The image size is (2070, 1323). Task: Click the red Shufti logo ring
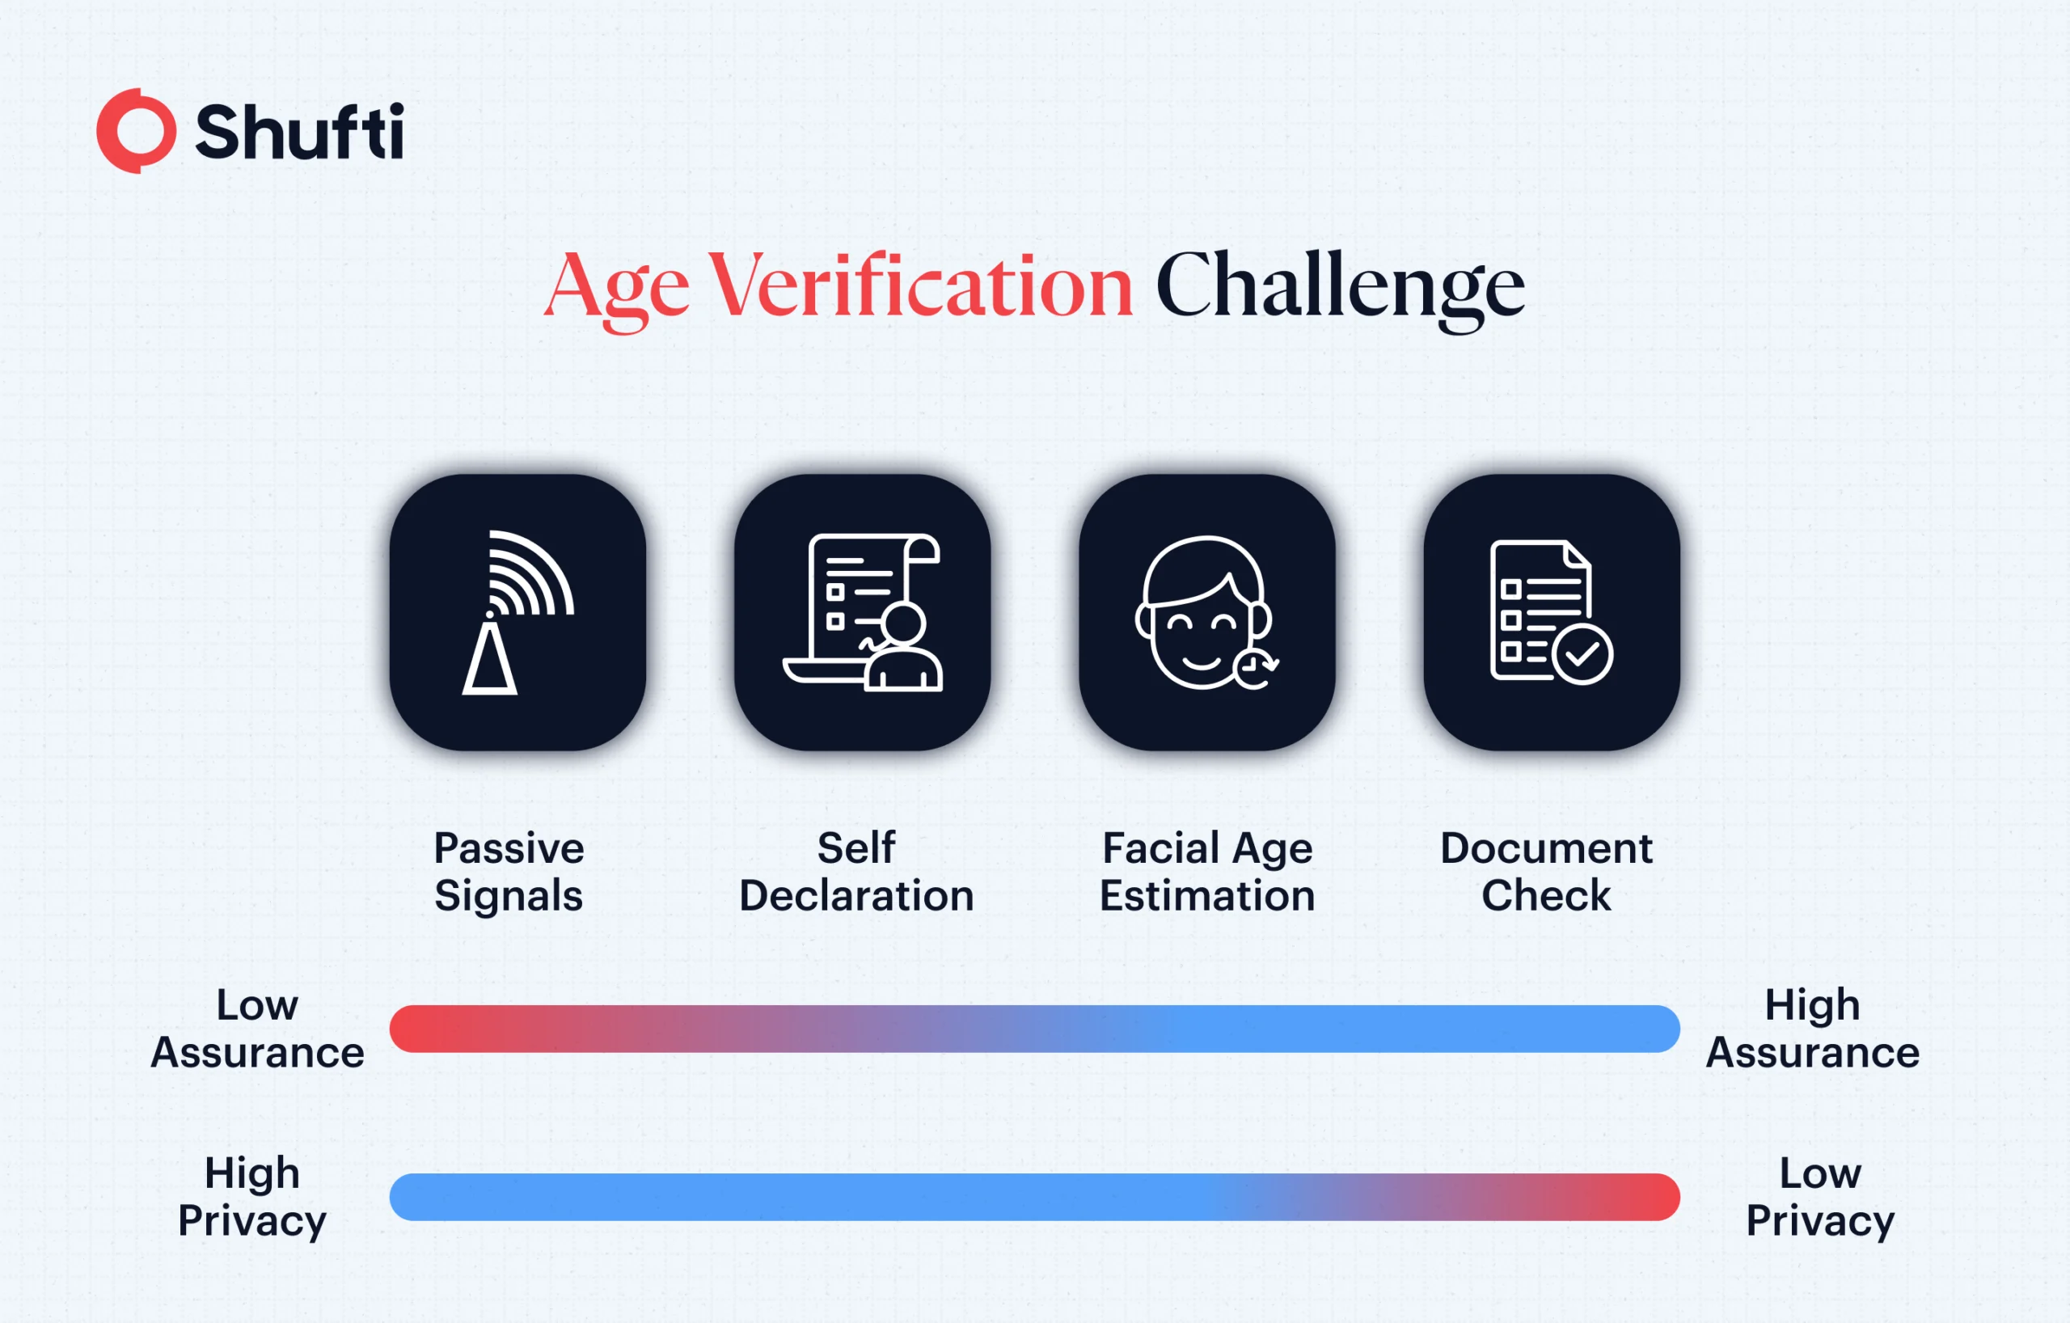point(136,131)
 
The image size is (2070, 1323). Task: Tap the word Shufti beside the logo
point(299,132)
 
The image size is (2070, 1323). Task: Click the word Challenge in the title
point(1339,287)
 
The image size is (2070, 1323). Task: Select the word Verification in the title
point(920,285)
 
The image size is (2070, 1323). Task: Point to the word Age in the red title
point(617,287)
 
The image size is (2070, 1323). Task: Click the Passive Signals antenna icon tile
point(517,612)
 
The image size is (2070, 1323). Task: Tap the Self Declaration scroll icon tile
point(862,612)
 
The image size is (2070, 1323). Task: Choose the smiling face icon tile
point(1207,612)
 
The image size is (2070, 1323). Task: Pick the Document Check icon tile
point(1552,612)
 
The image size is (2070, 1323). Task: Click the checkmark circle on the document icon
point(1582,655)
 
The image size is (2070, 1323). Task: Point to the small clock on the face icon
point(1254,666)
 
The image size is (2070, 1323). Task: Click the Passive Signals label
point(509,872)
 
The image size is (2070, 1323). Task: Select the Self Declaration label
point(856,872)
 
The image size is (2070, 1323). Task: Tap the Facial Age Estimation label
point(1207,872)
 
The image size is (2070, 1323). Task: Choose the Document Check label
point(1545,872)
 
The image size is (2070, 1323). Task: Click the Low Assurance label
point(257,1029)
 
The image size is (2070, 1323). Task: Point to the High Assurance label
point(1812,1029)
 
